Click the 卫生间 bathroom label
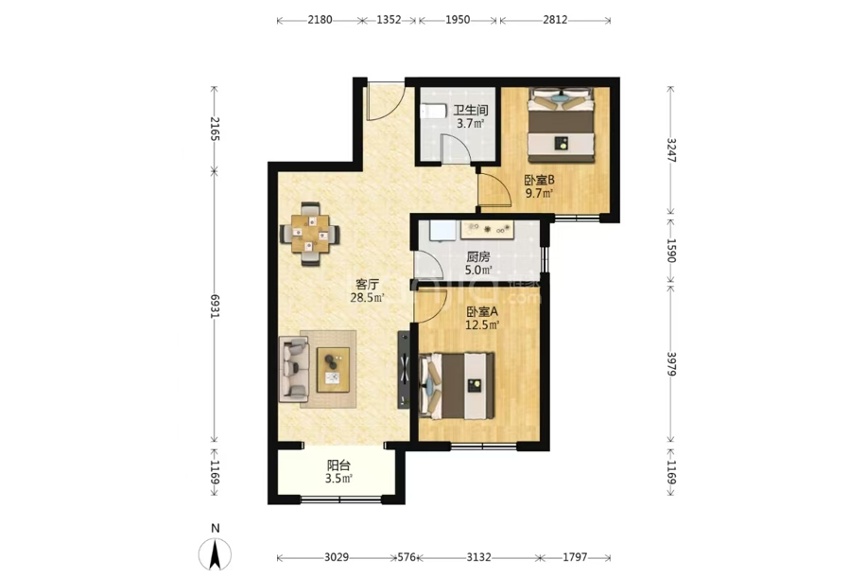(x=471, y=110)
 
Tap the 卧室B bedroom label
(x=539, y=180)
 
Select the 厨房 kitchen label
(x=478, y=257)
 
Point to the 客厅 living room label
(x=367, y=285)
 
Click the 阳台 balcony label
(x=338, y=465)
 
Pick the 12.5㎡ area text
(x=482, y=324)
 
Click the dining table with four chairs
(x=310, y=234)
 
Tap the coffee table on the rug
(x=333, y=370)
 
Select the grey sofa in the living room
(x=294, y=369)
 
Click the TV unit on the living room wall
(x=404, y=370)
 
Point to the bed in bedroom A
(x=457, y=386)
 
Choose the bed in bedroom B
(x=561, y=125)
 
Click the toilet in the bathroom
(x=433, y=111)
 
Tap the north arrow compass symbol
(x=216, y=553)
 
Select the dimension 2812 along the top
(x=555, y=20)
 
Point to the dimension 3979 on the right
(x=671, y=363)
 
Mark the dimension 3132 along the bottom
(x=478, y=557)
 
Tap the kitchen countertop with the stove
(x=488, y=229)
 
